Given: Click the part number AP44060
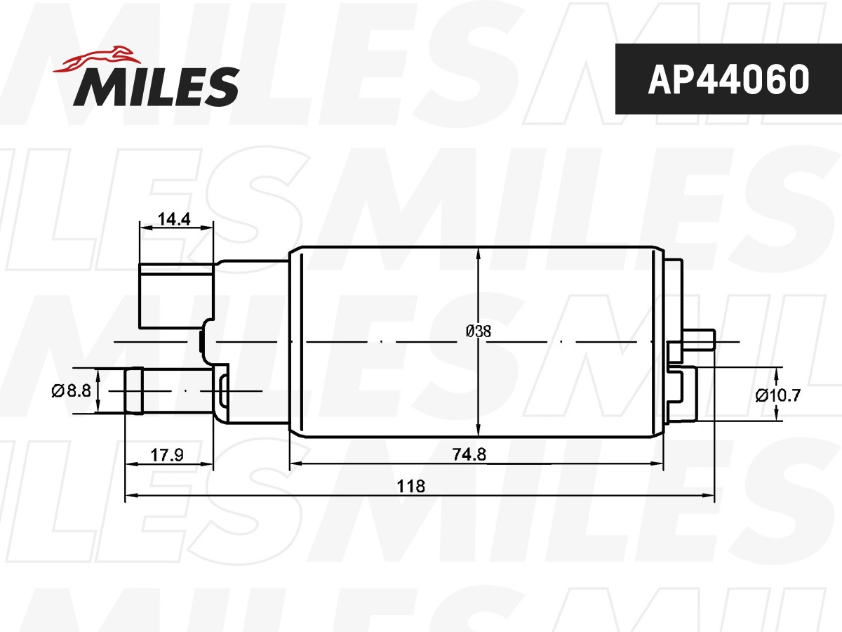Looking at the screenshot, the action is pyautogui.click(x=728, y=79).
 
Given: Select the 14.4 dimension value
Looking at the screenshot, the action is pyautogui.click(x=174, y=219).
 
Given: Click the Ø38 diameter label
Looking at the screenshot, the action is pyautogui.click(x=478, y=331).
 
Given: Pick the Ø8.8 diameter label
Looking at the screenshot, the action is pyautogui.click(x=72, y=390).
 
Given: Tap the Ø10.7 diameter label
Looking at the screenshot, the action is pyautogui.click(x=778, y=395).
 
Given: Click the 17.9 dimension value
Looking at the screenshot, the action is pyautogui.click(x=167, y=455).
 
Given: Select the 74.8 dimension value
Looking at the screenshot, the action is pyautogui.click(x=469, y=454).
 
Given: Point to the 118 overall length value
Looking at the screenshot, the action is pyautogui.click(x=411, y=486).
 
